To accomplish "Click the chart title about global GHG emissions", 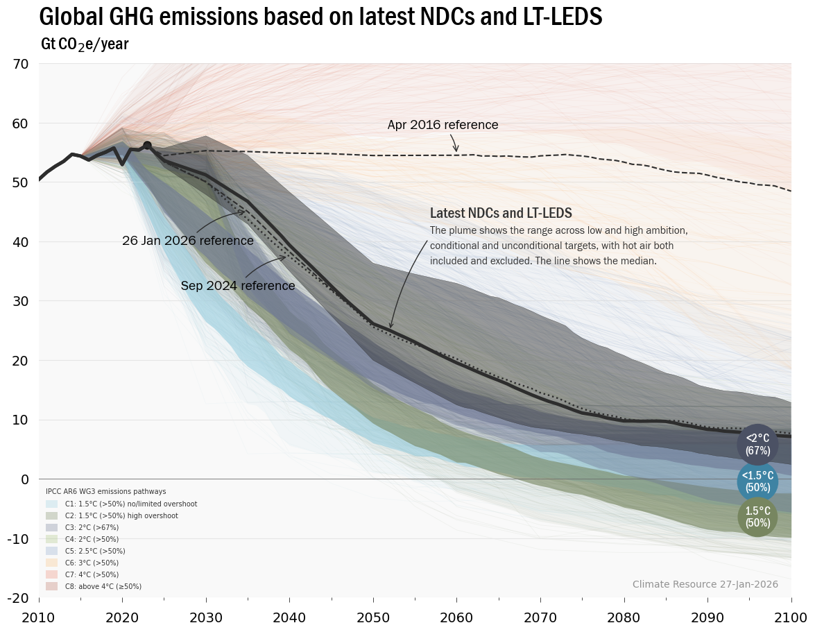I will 320,17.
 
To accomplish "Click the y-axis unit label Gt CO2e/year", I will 85,45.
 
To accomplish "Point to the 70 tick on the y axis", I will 21,65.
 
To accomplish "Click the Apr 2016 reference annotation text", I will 443,125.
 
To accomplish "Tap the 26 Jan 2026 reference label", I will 187,241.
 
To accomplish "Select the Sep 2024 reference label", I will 238,286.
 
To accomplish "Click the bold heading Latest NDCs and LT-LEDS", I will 501,214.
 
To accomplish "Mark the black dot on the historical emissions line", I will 147,145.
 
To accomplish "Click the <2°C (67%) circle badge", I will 757,444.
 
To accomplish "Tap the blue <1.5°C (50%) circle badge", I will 757,481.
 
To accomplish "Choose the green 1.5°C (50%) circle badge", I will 757,517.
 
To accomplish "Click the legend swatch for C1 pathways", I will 52,504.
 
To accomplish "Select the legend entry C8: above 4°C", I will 103,586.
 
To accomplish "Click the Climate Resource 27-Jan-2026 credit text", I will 705,585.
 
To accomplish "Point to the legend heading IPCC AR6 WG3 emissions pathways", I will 105,491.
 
